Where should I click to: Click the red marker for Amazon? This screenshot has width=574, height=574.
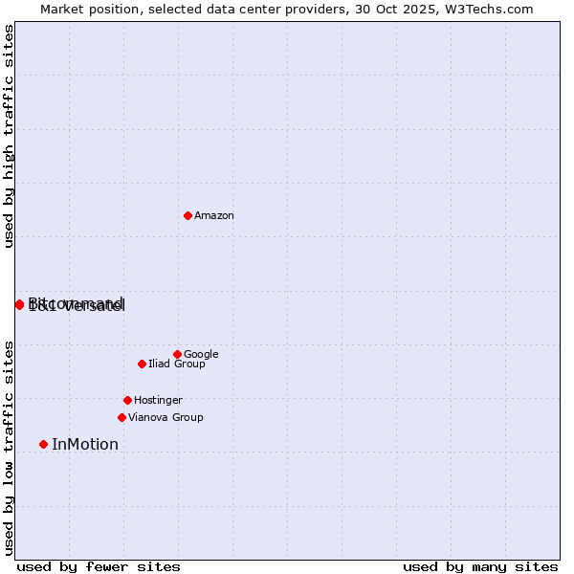click(x=188, y=215)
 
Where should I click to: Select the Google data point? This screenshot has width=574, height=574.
click(x=177, y=354)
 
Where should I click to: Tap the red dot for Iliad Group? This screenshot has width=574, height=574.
click(x=142, y=364)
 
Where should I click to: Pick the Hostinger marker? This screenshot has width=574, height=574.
click(x=127, y=400)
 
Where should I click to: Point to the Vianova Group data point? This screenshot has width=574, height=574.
click(x=121, y=417)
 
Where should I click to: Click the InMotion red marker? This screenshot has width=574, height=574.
click(x=43, y=444)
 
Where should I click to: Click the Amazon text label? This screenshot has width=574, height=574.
click(x=214, y=215)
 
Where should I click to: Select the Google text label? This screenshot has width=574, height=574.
click(x=201, y=354)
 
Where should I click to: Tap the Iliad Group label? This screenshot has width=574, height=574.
click(x=177, y=364)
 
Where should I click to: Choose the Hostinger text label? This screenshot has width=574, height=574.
click(x=158, y=400)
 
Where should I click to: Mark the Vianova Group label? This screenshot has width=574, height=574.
click(x=166, y=417)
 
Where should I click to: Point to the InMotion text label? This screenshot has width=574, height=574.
click(x=85, y=444)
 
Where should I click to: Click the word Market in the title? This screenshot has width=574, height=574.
click(x=62, y=9)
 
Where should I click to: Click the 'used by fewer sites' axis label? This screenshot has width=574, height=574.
click(x=99, y=566)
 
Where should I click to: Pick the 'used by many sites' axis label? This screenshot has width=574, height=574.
click(x=480, y=566)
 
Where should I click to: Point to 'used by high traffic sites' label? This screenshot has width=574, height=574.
click(x=9, y=136)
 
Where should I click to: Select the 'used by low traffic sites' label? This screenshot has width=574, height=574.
click(x=9, y=448)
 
